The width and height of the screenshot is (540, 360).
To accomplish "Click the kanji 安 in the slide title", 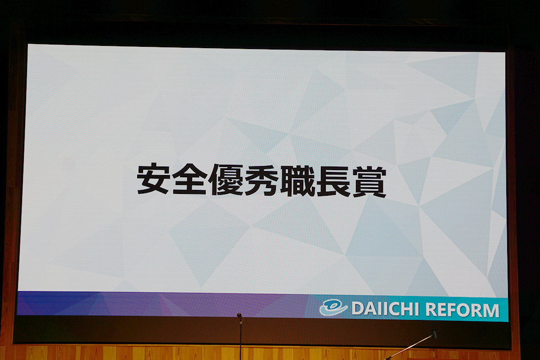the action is (x=153, y=179).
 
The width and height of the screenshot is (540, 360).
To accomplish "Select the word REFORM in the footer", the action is (x=462, y=310).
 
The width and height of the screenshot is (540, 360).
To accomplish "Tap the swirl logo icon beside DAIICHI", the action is (x=333, y=308).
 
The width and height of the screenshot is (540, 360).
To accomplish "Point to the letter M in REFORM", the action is (x=490, y=310).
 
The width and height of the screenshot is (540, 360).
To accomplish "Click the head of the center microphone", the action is (x=239, y=315).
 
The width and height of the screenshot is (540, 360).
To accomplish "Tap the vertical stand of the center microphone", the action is (x=240, y=339).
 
